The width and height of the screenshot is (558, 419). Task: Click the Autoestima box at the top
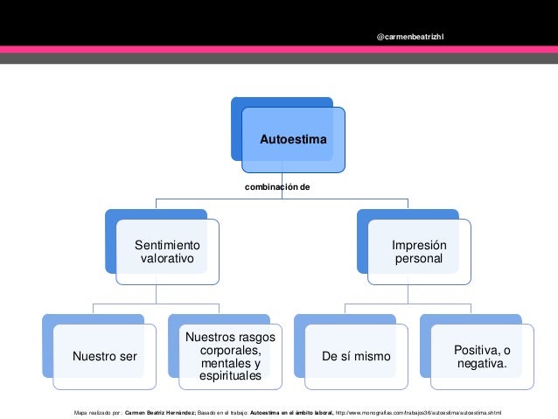pyautogui.click(x=293, y=140)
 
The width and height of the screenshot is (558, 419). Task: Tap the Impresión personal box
pyautogui.click(x=418, y=253)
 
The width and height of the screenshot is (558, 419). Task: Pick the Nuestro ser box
pyautogui.click(x=98, y=356)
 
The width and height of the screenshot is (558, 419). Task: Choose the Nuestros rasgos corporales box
pyautogui.click(x=230, y=356)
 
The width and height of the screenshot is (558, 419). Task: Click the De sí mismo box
pyautogui.click(x=356, y=356)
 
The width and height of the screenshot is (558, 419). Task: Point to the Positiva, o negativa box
pyautogui.click(x=482, y=356)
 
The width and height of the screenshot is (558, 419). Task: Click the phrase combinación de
pyautogui.click(x=278, y=187)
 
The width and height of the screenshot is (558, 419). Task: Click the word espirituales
pyautogui.click(x=230, y=376)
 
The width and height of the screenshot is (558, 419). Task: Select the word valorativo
pyautogui.click(x=168, y=260)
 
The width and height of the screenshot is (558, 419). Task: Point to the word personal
pyautogui.click(x=418, y=260)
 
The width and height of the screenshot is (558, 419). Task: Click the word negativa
pyautogui.click(x=482, y=363)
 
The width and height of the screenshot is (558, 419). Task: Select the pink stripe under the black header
pyautogui.click(x=279, y=50)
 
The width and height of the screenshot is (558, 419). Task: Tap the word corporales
pyautogui.click(x=230, y=350)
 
